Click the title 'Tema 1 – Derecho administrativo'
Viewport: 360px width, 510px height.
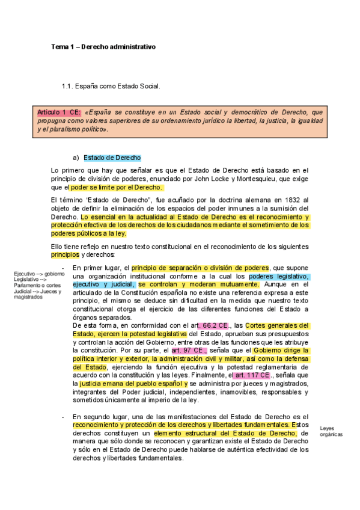pyautogui.click(x=103, y=46)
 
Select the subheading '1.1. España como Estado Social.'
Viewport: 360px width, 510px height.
pyautogui.click(x=111, y=87)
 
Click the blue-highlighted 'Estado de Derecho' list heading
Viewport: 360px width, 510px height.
pyautogui.click(x=112, y=158)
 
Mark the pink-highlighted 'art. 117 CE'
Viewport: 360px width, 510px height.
pyautogui.click(x=251, y=375)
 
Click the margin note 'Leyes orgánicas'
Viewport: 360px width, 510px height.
pyautogui.click(x=331, y=430)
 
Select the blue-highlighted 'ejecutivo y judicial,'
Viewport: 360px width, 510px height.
pyautogui.click(x=103, y=284)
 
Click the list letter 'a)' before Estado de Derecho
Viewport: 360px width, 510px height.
pyautogui.click(x=76, y=158)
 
